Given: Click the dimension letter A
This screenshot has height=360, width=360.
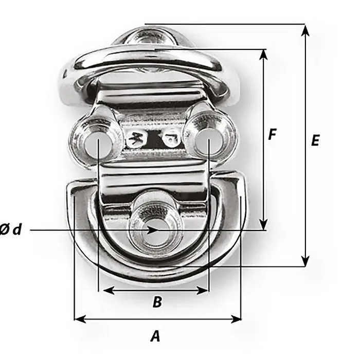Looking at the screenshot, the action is coord(155,336).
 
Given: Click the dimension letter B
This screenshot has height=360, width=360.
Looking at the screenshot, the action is coord(157,302).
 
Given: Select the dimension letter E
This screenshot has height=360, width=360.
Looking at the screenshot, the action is coord(315,140).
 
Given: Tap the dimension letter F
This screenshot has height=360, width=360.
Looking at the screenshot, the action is coord(272,135).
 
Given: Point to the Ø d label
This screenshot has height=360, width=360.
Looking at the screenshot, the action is coord(11,229).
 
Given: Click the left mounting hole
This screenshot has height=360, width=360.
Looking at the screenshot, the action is coord(98,146).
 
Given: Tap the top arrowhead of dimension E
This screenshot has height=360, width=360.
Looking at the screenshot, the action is coord(305,30).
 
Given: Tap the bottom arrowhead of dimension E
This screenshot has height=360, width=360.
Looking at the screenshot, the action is coord(305,261).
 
